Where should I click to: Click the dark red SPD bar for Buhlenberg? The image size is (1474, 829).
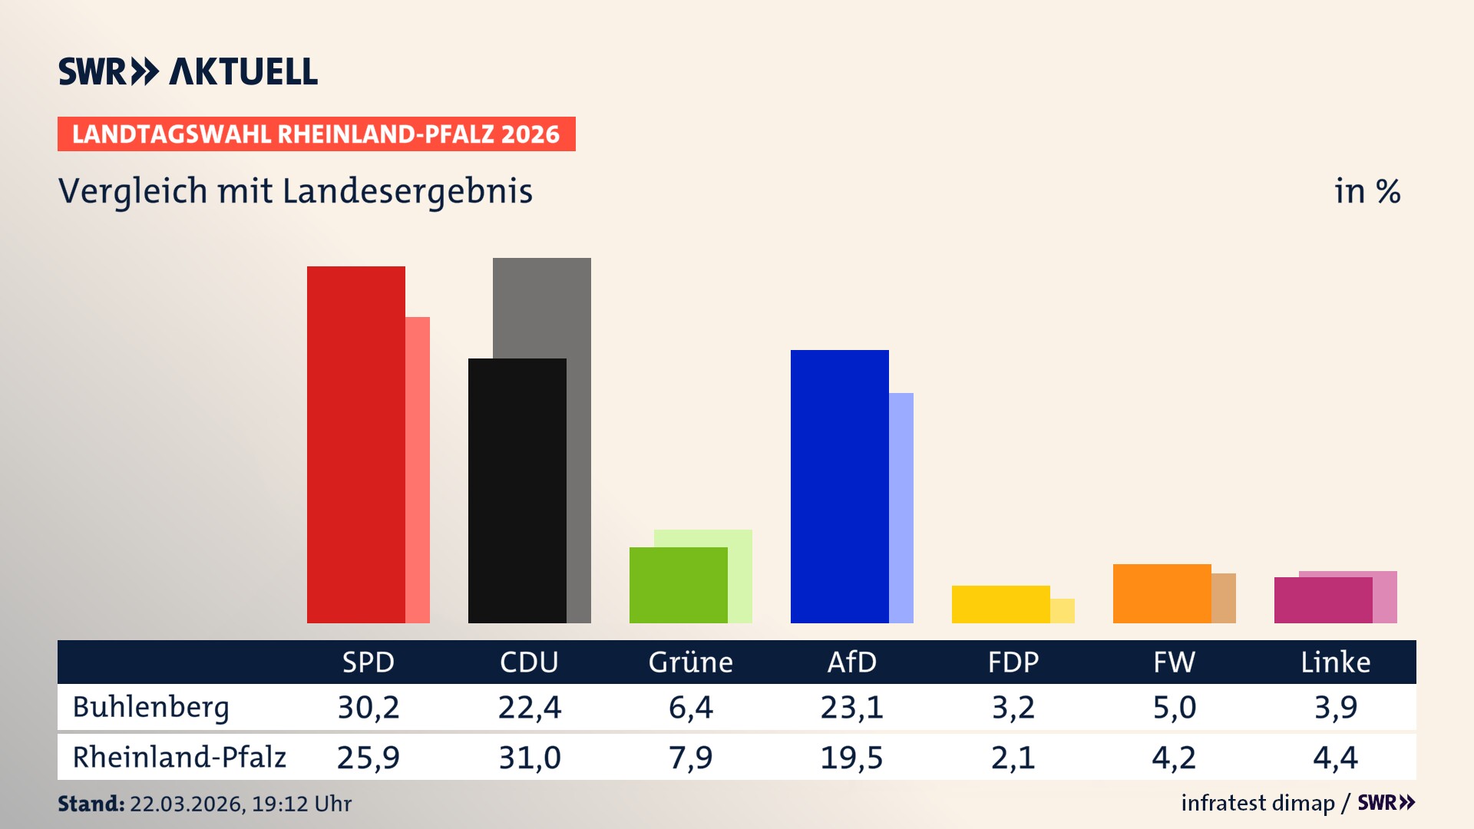click(x=355, y=445)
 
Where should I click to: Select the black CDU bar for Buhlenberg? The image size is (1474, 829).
click(x=517, y=491)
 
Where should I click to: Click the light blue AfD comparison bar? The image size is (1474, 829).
click(x=901, y=507)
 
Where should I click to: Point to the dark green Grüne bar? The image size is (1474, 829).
click(x=678, y=585)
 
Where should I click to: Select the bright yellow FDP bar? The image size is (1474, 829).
click(x=1000, y=604)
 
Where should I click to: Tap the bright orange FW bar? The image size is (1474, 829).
click(x=1162, y=593)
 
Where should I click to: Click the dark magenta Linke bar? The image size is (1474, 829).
click(x=1323, y=600)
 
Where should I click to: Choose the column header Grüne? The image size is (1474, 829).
click(x=690, y=662)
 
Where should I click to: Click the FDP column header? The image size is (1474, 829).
click(x=1013, y=662)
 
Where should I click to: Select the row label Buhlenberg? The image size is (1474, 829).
click(x=150, y=707)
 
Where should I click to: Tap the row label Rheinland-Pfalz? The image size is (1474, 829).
click(x=179, y=758)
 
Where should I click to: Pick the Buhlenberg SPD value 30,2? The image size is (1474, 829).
click(x=368, y=707)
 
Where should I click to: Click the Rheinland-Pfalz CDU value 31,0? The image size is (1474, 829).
click(x=530, y=758)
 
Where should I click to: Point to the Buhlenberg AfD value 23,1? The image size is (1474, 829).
click(x=851, y=707)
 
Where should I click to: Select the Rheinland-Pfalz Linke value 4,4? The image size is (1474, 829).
click(x=1335, y=758)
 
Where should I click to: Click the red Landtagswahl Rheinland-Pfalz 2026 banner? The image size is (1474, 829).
click(x=316, y=134)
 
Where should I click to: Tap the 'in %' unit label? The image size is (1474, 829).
click(x=1367, y=191)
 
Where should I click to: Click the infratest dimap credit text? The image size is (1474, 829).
click(x=1258, y=803)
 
